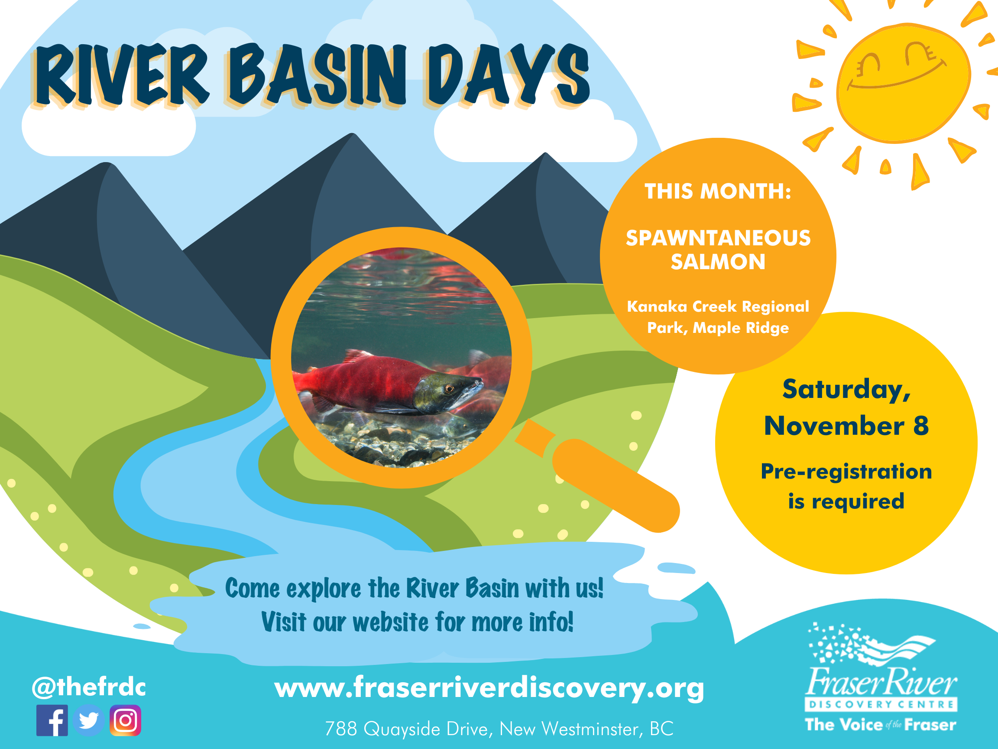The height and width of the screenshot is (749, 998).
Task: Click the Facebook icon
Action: tap(52, 720)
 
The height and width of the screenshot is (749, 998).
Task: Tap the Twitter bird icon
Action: tap(89, 720)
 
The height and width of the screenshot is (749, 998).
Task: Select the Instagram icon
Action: tap(126, 720)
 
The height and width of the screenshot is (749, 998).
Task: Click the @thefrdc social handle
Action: tap(89, 687)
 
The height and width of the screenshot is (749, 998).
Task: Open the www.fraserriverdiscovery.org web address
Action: tap(489, 687)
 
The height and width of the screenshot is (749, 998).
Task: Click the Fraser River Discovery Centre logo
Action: tap(881, 677)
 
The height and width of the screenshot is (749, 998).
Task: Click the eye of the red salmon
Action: tap(448, 388)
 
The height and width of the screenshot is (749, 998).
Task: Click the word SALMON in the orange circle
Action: tap(718, 262)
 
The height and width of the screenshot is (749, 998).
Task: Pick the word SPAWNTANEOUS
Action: tap(718, 238)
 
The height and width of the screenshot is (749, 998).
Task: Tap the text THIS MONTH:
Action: tap(718, 191)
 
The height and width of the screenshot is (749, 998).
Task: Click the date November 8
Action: tap(846, 426)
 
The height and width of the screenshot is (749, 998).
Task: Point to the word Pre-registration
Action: tap(846, 472)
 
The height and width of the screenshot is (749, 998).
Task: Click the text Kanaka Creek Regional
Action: tap(718, 306)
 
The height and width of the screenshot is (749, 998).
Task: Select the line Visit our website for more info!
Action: tap(417, 622)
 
